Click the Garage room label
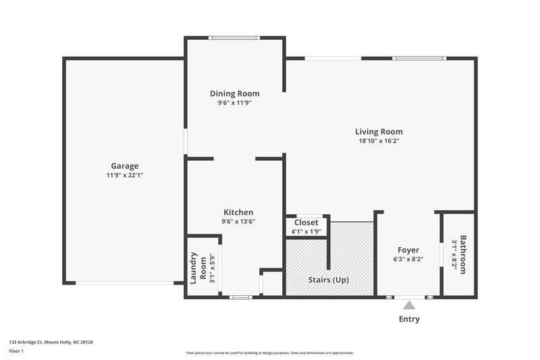coord(125,165)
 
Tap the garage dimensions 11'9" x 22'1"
coord(125,175)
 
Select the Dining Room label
coord(234,94)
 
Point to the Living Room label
coord(379,132)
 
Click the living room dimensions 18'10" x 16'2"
coord(379,141)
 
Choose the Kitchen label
coord(238,212)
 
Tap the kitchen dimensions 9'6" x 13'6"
coord(238,221)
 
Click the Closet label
coord(306,222)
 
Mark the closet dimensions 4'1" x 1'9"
coord(306,231)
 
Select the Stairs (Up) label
coord(329,280)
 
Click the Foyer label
coord(408,250)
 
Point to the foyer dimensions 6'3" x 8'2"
coord(408,259)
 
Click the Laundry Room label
coord(198,267)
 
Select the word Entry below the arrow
coord(409,319)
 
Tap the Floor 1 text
coord(17,351)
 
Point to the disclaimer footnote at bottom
coord(270,353)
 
